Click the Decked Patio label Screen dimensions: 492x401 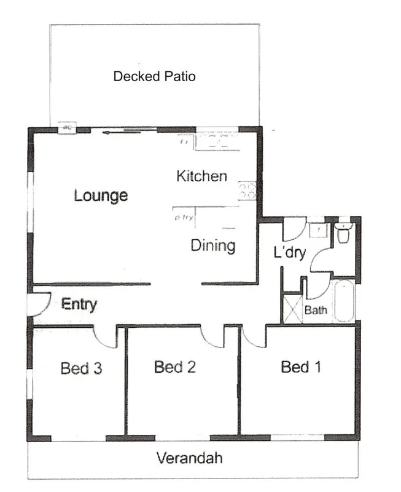point(154,77)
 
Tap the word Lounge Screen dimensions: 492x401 point(101,196)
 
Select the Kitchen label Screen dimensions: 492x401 point(201,177)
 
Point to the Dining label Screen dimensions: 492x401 point(213,246)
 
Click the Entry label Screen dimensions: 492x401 point(79,304)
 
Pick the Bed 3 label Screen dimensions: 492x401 point(81,369)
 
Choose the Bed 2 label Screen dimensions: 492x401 point(175,368)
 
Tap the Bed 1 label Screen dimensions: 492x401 point(301,367)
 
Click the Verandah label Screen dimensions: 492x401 point(189,458)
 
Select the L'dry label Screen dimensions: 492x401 point(289,252)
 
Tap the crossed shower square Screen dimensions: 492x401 point(292,310)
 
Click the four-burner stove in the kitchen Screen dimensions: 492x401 point(247,190)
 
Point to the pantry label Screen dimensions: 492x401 point(184,217)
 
